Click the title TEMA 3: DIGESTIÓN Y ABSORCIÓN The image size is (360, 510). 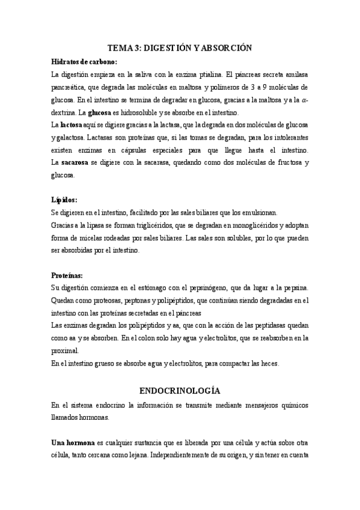click(180, 48)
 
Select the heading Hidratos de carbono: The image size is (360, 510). click(84, 61)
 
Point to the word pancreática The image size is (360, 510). click(68, 87)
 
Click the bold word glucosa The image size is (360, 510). click(99, 112)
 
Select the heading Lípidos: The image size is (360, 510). click(64, 200)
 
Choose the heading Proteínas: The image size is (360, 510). click(69, 275)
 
